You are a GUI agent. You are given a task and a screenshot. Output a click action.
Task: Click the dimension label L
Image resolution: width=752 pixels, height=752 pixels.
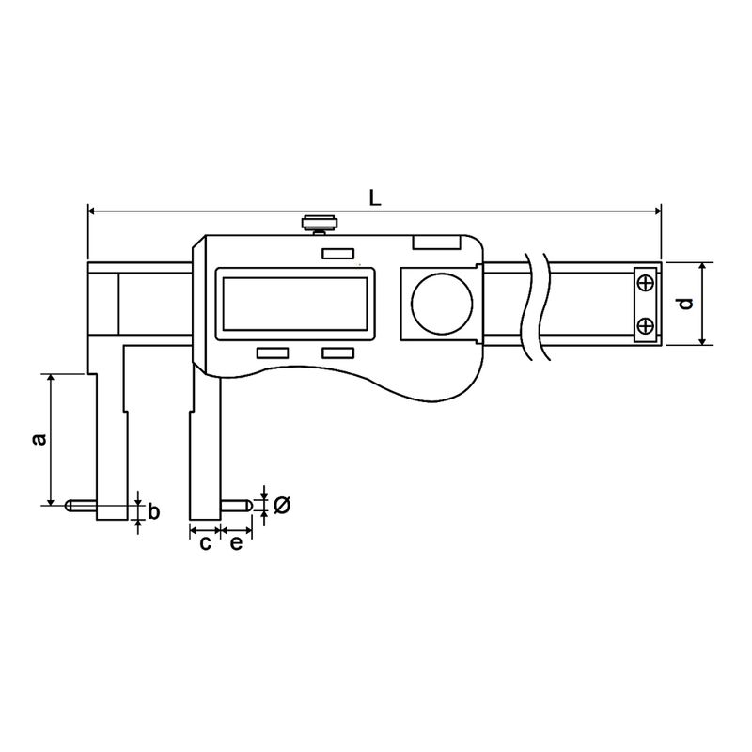tap(374, 197)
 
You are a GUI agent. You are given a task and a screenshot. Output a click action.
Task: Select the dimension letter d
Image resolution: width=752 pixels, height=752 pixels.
tap(686, 303)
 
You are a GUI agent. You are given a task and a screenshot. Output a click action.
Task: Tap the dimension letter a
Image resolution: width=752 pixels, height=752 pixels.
tap(37, 439)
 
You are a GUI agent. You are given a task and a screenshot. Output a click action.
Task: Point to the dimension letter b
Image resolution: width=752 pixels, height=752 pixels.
tap(154, 512)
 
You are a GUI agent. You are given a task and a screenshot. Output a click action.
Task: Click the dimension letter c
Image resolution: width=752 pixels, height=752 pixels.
tap(204, 543)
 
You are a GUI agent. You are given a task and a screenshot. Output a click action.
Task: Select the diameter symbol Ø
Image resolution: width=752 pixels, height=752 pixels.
tap(282, 506)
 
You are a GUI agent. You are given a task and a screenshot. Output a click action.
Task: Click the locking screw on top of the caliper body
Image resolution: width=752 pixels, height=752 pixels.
tap(318, 224)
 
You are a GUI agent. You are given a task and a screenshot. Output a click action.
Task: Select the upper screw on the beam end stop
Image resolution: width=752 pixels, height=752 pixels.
tap(645, 282)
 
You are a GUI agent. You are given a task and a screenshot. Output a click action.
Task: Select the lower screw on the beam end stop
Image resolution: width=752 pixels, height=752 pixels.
tap(645, 325)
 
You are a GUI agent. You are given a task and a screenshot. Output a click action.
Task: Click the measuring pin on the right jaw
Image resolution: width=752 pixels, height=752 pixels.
tap(235, 505)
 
